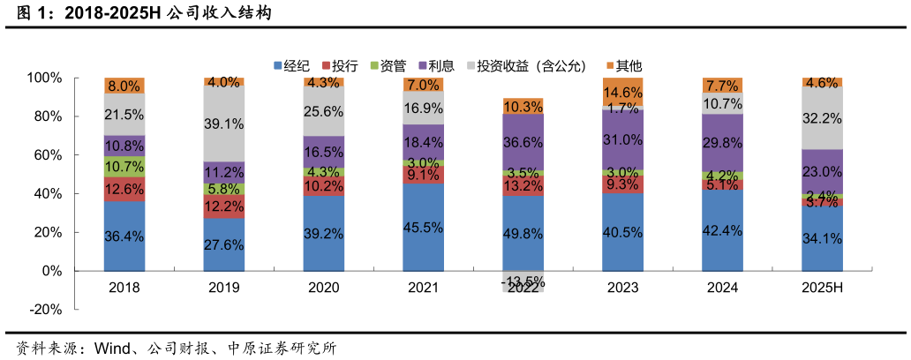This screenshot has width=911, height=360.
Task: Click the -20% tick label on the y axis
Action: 44,310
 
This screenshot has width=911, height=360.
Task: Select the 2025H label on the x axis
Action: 822,288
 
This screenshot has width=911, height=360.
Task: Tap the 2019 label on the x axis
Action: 224,288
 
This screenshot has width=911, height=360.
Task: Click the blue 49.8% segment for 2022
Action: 523,233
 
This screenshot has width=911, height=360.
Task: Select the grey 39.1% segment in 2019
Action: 224,124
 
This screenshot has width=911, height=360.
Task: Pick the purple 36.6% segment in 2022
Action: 523,141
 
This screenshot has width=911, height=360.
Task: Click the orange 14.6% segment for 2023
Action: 623,92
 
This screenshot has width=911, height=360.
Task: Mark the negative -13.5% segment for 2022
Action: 523,281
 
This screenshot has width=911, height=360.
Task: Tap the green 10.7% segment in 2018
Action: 124,167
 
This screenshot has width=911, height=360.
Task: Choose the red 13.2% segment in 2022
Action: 523,185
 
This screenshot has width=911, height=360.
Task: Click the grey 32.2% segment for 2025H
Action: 822,117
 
